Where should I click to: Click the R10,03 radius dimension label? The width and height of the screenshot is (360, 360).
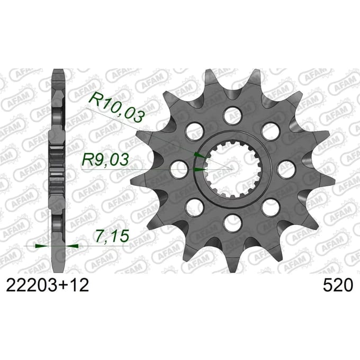tap(116, 107)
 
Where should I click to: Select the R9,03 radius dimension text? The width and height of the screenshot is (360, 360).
tap(105, 160)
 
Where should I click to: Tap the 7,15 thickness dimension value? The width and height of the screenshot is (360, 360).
tap(112, 236)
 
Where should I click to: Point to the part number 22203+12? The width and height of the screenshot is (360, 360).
tap(47, 285)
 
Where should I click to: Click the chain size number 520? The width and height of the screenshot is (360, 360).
tap(338, 285)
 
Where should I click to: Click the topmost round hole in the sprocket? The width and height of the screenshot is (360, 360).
tap(233, 115)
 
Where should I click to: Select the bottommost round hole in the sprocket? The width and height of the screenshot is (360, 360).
tap(233, 223)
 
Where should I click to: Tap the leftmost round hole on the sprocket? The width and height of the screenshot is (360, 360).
tap(179, 169)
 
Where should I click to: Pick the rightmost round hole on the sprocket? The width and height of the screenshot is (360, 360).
tap(286, 169)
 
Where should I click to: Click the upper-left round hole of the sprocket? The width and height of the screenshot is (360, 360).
tap(195, 131)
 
